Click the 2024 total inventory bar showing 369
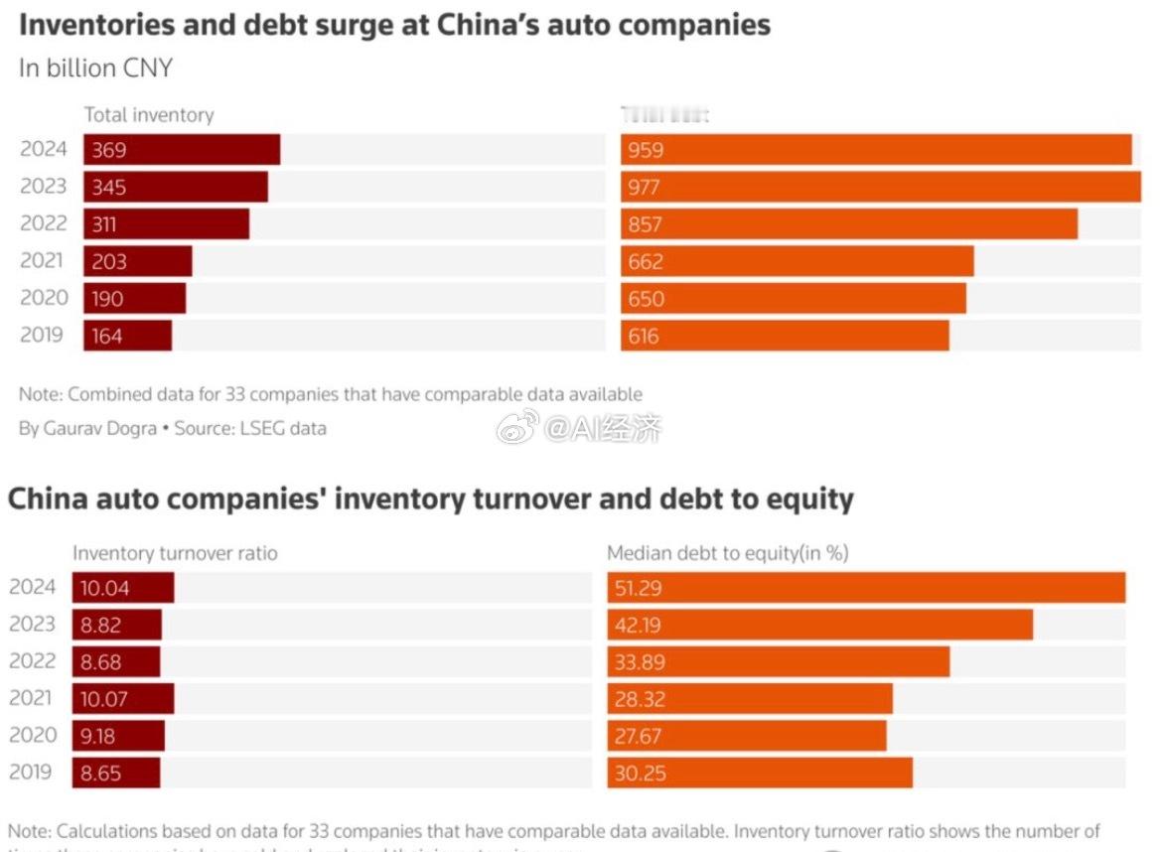pos(182,150)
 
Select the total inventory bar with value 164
pos(127,336)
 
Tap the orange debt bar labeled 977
pos(881,187)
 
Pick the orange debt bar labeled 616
pos(785,336)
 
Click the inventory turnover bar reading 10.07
pos(123,698)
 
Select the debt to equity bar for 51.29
pos(866,588)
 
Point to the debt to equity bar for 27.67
pos(747,736)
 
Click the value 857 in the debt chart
pos(645,224)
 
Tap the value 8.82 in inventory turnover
pos(104,625)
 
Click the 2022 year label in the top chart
pos(44,223)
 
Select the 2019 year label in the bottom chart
pos(33,772)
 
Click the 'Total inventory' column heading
pos(149,114)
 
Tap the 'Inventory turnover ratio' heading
pos(176,553)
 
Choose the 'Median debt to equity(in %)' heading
pos(728,553)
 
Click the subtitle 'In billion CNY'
pos(95,68)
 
